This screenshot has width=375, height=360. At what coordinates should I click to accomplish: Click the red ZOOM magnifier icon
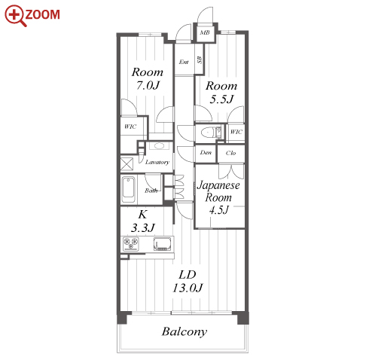pos(15,16)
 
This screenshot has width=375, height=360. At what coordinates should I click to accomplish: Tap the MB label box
pos(205,32)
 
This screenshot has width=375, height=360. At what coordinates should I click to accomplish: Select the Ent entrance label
pos(184,62)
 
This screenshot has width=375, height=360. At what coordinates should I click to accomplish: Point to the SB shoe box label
pos(200,59)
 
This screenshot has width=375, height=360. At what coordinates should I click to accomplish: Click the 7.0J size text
pos(148,86)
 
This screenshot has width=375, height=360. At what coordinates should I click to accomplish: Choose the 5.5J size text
pos(221,99)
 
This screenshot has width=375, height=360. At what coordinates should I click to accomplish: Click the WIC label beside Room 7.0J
pos(130,127)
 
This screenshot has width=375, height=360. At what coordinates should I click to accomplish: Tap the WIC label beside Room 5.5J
pos(236,132)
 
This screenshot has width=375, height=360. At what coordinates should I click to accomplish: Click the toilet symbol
pos(212,133)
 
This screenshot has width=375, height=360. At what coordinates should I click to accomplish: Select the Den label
pos(206,152)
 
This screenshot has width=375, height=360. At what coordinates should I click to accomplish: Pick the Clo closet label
pos(230,153)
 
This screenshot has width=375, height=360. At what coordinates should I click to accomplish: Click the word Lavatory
pos(157,162)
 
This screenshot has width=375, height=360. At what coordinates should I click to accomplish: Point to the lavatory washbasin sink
pos(158,146)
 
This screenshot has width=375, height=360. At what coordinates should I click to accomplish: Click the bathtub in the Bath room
pos(128,190)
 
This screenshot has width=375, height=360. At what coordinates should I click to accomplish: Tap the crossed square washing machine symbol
pos(127,164)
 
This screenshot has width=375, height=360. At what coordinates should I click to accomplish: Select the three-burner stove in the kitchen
pos(131,244)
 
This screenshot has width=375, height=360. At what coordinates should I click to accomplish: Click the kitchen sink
pos(163,244)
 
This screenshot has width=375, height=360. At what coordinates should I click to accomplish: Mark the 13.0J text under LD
pos(187,288)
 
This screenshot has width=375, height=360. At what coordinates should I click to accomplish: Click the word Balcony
pos(184,331)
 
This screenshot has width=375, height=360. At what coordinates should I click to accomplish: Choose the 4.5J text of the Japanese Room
pos(219,210)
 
